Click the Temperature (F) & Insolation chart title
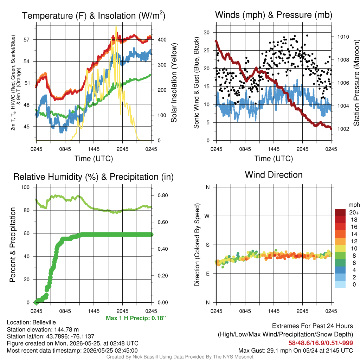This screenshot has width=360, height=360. tap(94, 15)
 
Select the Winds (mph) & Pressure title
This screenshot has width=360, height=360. tap(274, 15)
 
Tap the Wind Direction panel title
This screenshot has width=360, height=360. tap(274, 175)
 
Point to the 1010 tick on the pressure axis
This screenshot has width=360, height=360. tap(343, 37)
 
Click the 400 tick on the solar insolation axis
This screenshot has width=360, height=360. tap(162, 40)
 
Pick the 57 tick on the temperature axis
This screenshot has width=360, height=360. tap(27, 40)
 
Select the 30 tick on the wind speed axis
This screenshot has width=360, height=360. tap(207, 32)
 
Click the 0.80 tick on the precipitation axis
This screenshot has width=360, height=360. tap(162, 195)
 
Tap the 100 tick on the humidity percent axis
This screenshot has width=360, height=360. tap(25, 187)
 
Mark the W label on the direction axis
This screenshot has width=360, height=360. tap(207, 216)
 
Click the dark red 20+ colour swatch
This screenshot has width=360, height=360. tap(340, 212)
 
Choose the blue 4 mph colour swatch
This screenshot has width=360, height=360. tap(340, 270)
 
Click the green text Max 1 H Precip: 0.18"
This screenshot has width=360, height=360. tap(136, 318)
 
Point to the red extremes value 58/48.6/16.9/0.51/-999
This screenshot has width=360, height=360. tap(321, 343)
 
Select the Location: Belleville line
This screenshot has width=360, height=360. tap(31, 322)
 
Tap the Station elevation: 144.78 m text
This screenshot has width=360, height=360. tap(43, 329)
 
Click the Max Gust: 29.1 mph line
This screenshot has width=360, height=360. tap(296, 351)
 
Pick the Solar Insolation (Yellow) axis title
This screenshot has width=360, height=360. tap(174, 83)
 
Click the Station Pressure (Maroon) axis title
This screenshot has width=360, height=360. tap(356, 83)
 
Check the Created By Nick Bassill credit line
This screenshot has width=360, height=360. tap(180, 357)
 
